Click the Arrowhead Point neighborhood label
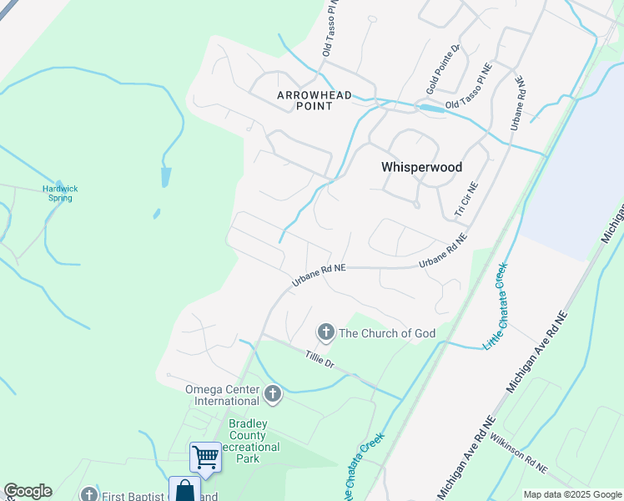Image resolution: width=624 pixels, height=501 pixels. pyautogui.click(x=315, y=101)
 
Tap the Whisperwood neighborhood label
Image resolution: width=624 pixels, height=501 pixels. pyautogui.click(x=421, y=167)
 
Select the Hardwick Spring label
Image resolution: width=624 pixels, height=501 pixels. pyautogui.click(x=60, y=193)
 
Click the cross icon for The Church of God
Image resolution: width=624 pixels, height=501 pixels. pyautogui.click(x=326, y=332)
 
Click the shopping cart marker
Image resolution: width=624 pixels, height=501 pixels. pyautogui.click(x=205, y=457)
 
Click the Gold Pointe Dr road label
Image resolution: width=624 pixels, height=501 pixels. pyautogui.click(x=443, y=70)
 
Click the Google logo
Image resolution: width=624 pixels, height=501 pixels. pyautogui.click(x=28, y=491)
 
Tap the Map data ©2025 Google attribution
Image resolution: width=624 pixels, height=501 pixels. pyautogui.click(x=572, y=494)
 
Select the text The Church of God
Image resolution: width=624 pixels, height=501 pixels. pyautogui.click(x=387, y=333)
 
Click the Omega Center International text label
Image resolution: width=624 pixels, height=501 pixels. pyautogui.click(x=223, y=394)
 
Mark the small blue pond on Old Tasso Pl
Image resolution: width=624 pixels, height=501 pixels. pyautogui.click(x=431, y=109)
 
